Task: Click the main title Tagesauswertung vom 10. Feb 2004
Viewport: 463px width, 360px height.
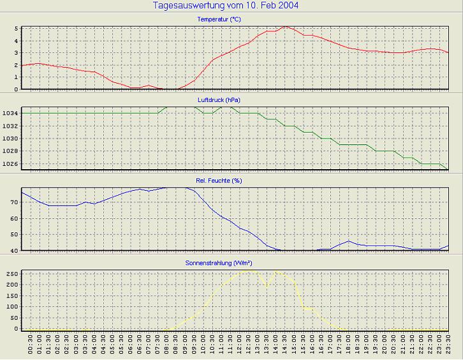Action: (x=226, y=6)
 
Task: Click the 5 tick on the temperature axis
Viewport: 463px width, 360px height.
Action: (x=17, y=29)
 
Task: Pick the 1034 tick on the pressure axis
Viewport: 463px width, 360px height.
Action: (x=10, y=114)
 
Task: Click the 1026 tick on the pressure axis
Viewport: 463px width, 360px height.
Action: (x=10, y=164)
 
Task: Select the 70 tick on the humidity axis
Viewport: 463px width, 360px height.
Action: (x=15, y=202)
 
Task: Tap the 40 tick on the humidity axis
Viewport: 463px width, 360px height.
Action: (x=15, y=251)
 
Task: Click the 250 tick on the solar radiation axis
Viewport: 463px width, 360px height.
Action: (x=12, y=273)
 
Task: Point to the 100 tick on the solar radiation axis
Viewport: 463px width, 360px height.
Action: (x=12, y=306)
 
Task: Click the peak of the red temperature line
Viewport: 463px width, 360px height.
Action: (x=285, y=27)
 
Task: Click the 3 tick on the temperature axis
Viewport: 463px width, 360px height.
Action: (x=17, y=53)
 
